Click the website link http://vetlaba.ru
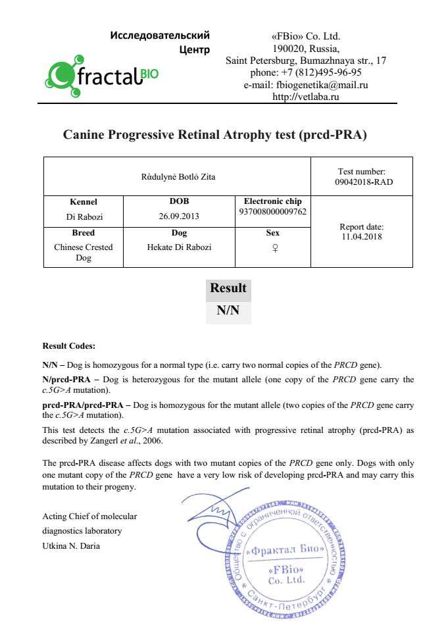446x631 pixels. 306,97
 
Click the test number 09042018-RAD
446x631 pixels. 364,182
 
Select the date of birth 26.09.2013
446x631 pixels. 178,216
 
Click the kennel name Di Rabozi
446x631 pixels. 84,216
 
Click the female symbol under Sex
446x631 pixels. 272,248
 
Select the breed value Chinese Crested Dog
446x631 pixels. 84,253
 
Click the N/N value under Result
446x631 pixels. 228,311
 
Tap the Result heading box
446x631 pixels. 228,288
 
